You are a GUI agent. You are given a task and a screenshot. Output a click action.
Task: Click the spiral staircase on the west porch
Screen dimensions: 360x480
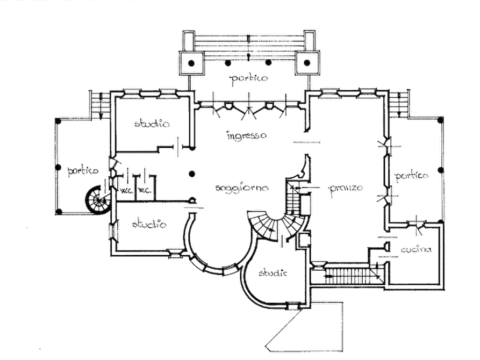click(x=99, y=200)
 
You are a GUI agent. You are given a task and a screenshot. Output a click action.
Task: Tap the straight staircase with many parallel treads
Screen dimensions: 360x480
click(x=347, y=276)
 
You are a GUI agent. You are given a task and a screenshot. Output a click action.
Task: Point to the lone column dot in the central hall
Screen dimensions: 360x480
click(x=191, y=174)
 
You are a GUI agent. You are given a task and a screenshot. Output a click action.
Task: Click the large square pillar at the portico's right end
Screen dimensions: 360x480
click(x=307, y=63)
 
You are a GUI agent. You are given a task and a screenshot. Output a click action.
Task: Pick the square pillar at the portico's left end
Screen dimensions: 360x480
click(x=190, y=63)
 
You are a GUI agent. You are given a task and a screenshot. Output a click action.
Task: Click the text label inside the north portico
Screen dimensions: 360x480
click(x=249, y=79)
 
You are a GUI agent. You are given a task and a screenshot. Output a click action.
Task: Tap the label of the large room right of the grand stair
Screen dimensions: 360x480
click(x=345, y=188)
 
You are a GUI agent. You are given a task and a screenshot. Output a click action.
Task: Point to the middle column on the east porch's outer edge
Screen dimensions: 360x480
click(x=441, y=170)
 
